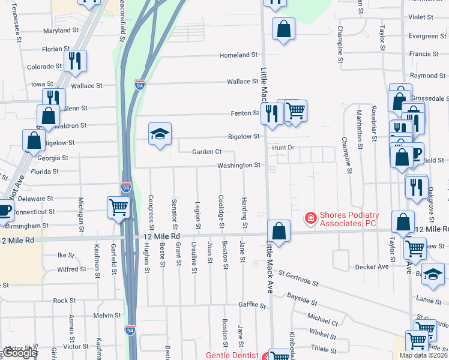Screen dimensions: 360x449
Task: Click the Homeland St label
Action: pyautogui.click(x=238, y=55)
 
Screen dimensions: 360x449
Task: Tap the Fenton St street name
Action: pyautogui.click(x=244, y=113)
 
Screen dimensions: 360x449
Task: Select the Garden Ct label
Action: pyautogui.click(x=207, y=152)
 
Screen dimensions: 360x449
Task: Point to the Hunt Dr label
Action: pyautogui.click(x=283, y=147)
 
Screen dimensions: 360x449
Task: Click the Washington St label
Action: pyautogui.click(x=239, y=165)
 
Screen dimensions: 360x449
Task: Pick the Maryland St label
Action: pyautogui.click(x=61, y=31)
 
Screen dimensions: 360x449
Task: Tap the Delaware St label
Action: pyautogui.click(x=35, y=198)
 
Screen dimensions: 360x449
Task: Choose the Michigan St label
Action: pyautogui.click(x=80, y=210)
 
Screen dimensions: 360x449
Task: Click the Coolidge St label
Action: pyautogui.click(x=221, y=211)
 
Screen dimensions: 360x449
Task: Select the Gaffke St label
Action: pyautogui.click(x=252, y=305)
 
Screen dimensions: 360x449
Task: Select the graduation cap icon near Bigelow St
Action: pyautogui.click(x=160, y=134)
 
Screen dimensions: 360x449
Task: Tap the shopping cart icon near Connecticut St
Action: pyautogui.click(x=119, y=208)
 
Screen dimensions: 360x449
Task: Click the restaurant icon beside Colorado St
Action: pyautogui.click(x=75, y=60)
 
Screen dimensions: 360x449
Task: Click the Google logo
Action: pyautogui.click(x=20, y=353)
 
